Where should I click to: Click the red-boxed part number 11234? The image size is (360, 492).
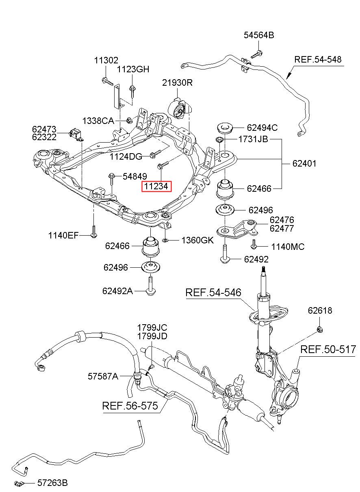tap(156, 186)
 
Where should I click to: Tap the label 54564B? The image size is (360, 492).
tap(259, 35)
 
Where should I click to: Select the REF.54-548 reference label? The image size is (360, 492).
tap(318, 59)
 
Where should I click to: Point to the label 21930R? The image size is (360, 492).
tap(177, 83)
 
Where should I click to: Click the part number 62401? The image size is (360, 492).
tap(304, 164)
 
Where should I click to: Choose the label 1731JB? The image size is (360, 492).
tap(253, 139)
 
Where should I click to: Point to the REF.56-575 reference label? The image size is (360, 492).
tap(130, 406)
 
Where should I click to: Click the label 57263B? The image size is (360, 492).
tap(52, 483)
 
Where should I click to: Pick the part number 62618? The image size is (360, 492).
tap(320, 311)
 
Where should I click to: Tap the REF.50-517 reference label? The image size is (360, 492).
tap(328, 349)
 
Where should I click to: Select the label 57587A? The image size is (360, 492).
tap(103, 376)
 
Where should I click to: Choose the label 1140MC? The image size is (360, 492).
tap(288, 247)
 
